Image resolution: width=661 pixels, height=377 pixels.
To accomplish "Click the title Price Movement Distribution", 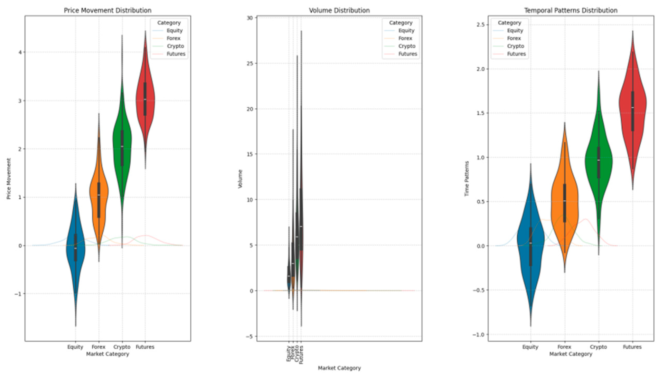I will tap(107, 10).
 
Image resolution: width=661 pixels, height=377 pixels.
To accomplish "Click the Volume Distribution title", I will tap(339, 10).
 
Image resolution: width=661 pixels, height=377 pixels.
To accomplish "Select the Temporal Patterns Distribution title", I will tap(571, 10).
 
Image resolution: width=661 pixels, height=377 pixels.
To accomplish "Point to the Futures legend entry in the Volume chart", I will tap(408, 54).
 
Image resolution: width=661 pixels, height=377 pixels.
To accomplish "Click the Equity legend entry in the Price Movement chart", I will tap(174, 31).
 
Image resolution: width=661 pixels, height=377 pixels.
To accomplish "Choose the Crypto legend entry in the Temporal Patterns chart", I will tap(515, 46).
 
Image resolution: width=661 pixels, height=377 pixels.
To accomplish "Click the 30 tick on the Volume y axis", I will tap(250, 18).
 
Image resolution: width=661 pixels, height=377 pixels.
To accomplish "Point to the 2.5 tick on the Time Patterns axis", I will tap(480, 25).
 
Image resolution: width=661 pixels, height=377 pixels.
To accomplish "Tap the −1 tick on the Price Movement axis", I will tap(18, 294).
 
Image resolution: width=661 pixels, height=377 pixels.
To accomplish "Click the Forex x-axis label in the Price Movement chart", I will tap(98, 347).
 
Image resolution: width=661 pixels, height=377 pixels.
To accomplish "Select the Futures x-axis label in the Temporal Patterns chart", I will tap(632, 347).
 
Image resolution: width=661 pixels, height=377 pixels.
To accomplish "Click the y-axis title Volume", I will tap(240, 179).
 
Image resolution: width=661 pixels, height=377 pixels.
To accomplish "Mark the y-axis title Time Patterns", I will tap(466, 179).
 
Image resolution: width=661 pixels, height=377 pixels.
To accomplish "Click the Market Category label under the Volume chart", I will tap(339, 368).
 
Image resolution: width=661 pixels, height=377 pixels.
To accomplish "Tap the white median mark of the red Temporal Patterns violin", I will tap(632, 107).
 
